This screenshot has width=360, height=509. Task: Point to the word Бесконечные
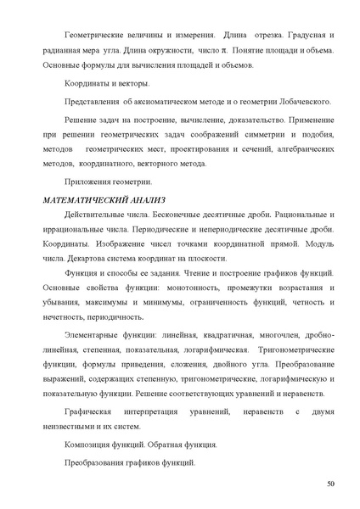pyautogui.click(x=191, y=216)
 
